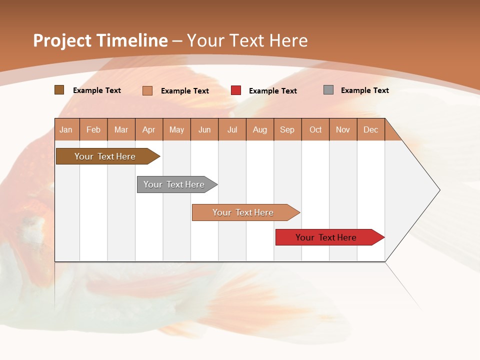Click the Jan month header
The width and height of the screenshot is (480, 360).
click(x=66, y=129)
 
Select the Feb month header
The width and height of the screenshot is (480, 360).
click(x=93, y=129)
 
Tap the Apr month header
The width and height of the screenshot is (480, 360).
click(x=148, y=129)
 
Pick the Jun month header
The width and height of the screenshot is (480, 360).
click(x=204, y=129)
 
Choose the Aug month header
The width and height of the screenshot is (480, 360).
click(x=259, y=129)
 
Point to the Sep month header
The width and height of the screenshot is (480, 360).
click(x=287, y=129)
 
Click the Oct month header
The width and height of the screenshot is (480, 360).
click(x=315, y=129)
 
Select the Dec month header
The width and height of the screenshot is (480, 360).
click(x=370, y=129)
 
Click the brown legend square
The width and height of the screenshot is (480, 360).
click(x=59, y=90)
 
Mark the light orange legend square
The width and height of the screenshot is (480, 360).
click(x=147, y=90)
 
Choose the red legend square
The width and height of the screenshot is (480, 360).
click(x=236, y=90)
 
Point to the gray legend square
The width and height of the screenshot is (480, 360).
click(x=328, y=90)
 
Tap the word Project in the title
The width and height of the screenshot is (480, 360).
click(x=62, y=40)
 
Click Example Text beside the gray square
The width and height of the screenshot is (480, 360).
click(x=364, y=90)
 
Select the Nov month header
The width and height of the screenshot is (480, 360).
click(x=343, y=129)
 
